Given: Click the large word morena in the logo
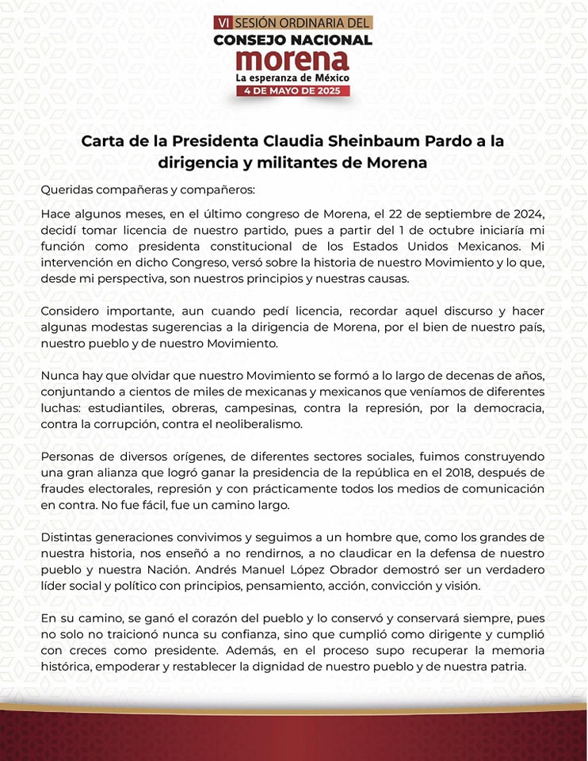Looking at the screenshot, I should coord(293,60).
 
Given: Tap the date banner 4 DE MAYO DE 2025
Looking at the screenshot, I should coord(293,91).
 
